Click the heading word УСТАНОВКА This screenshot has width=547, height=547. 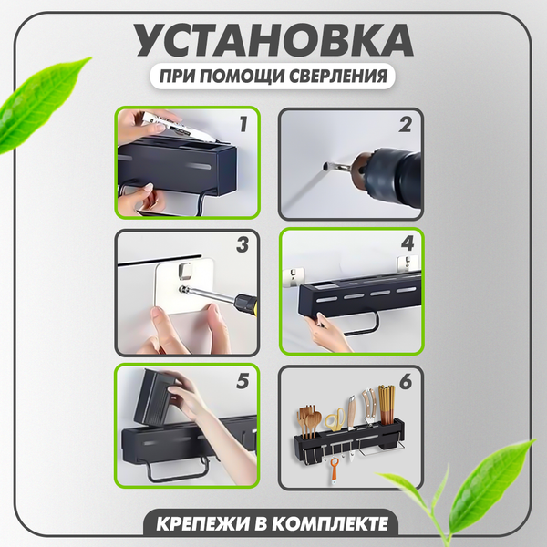(x=273, y=42)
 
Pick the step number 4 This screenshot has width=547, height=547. (x=407, y=245)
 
